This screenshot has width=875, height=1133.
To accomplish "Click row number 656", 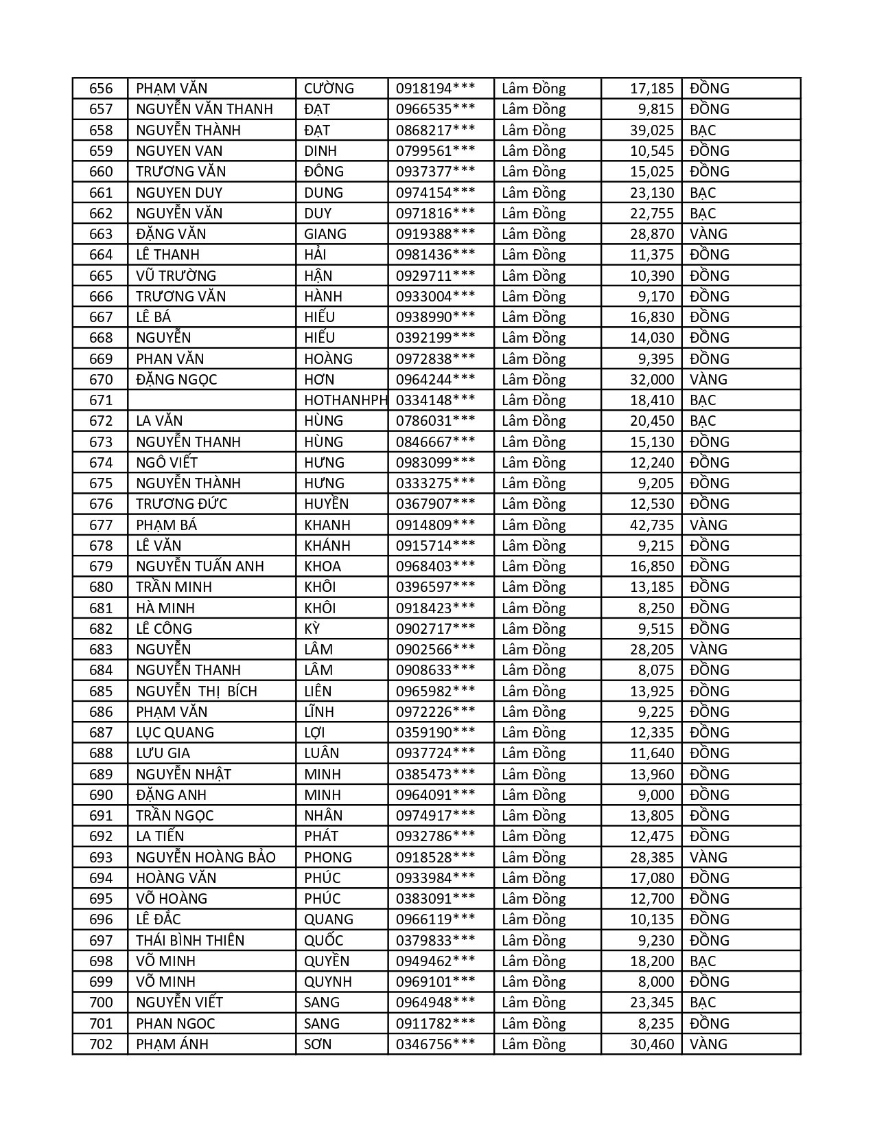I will [x=100, y=89].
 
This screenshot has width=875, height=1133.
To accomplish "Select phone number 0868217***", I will [x=435, y=130].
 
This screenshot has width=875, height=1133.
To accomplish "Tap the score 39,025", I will [x=652, y=130].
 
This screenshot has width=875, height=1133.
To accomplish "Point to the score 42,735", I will [x=652, y=525].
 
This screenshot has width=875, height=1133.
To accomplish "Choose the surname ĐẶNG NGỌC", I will [x=177, y=380].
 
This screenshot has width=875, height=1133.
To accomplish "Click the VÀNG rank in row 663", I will [x=708, y=234].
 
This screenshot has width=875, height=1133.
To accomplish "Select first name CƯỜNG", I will [x=329, y=89].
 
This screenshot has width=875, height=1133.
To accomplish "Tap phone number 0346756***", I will [x=435, y=1044].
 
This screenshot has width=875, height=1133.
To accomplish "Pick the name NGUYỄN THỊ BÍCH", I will [x=196, y=691].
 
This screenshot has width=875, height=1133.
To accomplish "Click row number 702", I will [x=100, y=1044].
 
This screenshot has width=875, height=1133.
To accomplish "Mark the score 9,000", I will [x=656, y=795].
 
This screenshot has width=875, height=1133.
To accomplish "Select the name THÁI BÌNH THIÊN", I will [x=190, y=941].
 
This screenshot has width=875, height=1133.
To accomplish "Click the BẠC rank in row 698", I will [x=703, y=961].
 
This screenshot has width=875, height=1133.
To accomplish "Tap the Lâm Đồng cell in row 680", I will [x=533, y=587].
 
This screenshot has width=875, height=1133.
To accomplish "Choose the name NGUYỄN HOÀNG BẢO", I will [x=206, y=858].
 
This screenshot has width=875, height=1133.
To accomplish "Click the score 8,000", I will [x=656, y=982].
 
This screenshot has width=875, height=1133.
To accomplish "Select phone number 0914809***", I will [x=435, y=525].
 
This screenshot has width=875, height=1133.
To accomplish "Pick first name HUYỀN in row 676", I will [x=326, y=504].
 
